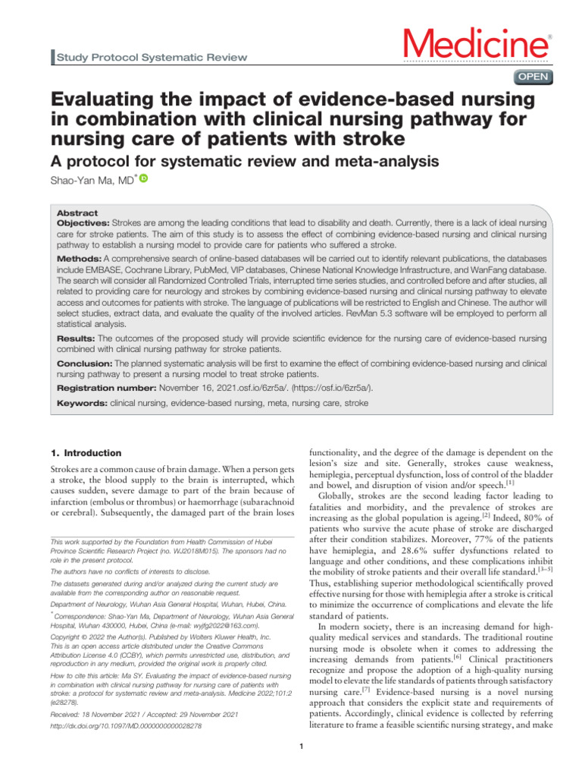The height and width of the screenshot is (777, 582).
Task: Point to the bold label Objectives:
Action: click(83, 225)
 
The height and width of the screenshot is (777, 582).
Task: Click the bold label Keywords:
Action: click(83, 404)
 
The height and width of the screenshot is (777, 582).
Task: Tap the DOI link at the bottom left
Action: click(124, 725)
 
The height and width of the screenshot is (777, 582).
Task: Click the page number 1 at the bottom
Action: click(301, 752)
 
